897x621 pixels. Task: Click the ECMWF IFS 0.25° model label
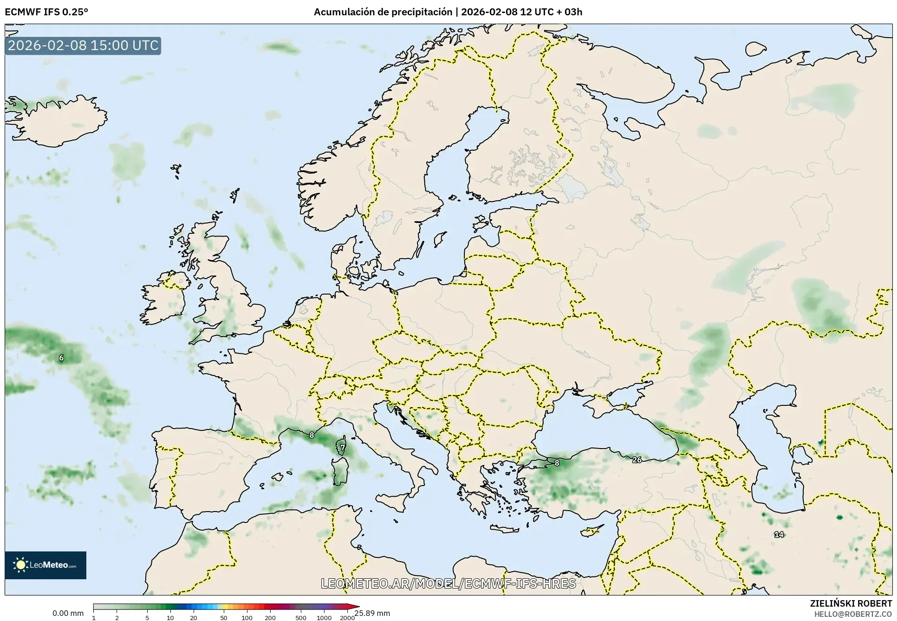[46, 12]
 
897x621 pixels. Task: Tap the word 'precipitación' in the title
[425, 12]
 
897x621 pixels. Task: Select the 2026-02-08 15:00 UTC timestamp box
[83, 46]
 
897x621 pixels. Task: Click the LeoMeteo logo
[45, 565]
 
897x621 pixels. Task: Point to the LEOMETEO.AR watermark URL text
[448, 583]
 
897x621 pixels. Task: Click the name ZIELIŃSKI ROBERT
[851, 603]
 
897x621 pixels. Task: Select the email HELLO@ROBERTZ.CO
[853, 614]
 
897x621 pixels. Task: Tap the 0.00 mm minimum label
[68, 613]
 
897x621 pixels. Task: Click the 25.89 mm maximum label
[372, 613]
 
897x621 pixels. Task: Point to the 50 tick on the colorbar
[224, 618]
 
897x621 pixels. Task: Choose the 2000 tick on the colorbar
[347, 618]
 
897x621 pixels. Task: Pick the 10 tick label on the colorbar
[170, 618]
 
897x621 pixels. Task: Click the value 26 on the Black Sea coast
[637, 460]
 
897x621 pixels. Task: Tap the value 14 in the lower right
[779, 534]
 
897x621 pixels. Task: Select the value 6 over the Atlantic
[61, 358]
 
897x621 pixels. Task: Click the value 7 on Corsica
[343, 448]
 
